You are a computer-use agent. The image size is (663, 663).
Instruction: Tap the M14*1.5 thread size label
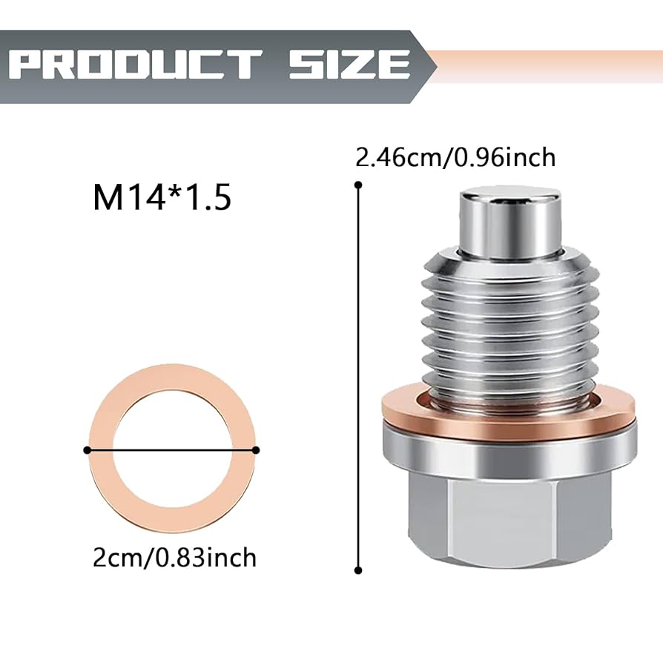162,199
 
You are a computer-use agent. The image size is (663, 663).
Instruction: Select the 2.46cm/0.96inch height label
455,158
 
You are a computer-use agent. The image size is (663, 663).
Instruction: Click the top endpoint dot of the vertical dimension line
358,187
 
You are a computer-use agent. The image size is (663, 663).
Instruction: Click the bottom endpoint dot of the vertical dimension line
358,570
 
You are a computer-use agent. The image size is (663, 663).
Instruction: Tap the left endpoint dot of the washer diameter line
88,449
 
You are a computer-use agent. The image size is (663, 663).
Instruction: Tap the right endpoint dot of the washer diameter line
256,449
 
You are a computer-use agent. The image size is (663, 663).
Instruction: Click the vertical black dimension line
358,371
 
